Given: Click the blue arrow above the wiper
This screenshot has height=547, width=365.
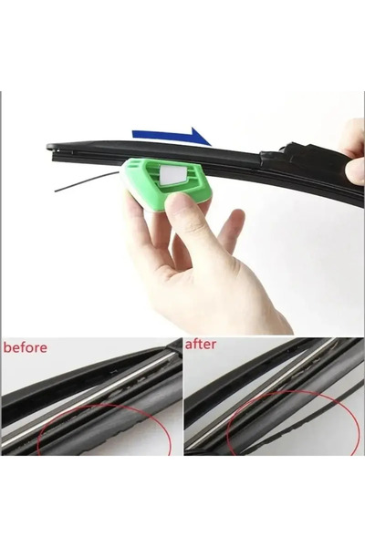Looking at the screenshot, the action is [x=172, y=136].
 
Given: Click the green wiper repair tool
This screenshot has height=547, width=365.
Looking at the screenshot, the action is [x=164, y=184].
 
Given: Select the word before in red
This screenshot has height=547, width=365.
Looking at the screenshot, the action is [x=26, y=347].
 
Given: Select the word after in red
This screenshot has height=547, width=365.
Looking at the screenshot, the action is [x=201, y=345].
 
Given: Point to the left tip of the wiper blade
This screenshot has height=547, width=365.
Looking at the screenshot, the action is [x=47, y=147].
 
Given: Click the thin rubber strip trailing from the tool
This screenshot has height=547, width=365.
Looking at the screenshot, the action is [x=88, y=181].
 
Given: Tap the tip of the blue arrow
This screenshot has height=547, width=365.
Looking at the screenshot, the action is [x=211, y=145].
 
